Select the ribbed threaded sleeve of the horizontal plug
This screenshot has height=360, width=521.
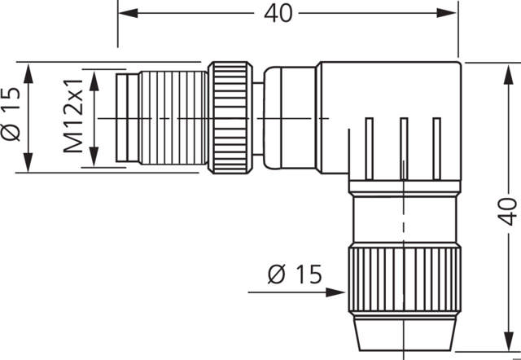(x=172, y=117)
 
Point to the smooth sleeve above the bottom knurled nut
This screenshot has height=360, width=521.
(x=403, y=220)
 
